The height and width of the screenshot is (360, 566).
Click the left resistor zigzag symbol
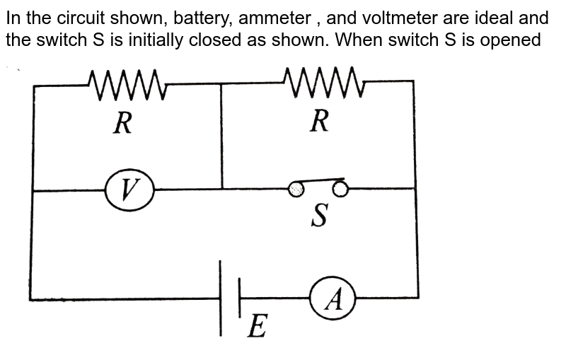click(x=127, y=86)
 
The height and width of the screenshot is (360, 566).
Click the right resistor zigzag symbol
click(x=323, y=83)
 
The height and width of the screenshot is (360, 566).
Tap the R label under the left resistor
click(x=122, y=124)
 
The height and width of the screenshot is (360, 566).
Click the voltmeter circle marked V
click(x=129, y=190)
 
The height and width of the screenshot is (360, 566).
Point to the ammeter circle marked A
click(x=333, y=298)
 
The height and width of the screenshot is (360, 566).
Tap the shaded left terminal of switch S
click(x=296, y=188)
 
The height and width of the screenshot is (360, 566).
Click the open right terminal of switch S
click(x=340, y=187)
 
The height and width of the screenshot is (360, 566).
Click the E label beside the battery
click(x=258, y=326)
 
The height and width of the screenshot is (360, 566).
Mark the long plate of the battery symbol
click(x=222, y=298)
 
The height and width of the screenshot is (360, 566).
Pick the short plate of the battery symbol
click(x=241, y=298)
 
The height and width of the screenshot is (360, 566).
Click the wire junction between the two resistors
click(x=222, y=83)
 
